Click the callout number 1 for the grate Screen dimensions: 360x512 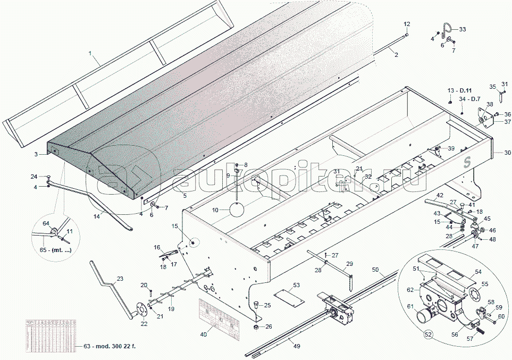pyautogui.click(x=90, y=53)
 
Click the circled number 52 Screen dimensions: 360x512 pyautogui.click(x=428, y=334)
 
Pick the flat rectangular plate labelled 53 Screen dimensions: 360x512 pyautogui.click(x=286, y=297)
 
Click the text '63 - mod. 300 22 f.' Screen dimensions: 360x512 pyautogui.click(x=110, y=347)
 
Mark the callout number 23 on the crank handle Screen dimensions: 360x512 pyautogui.click(x=120, y=278)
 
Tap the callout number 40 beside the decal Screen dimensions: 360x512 pyautogui.click(x=204, y=334)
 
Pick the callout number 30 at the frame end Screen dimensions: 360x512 pyautogui.click(x=507, y=153)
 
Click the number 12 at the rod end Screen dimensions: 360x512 pyautogui.click(x=407, y=24)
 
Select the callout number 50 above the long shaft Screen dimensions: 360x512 pyautogui.click(x=375, y=271)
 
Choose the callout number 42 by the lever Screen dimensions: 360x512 pyautogui.click(x=440, y=196)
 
